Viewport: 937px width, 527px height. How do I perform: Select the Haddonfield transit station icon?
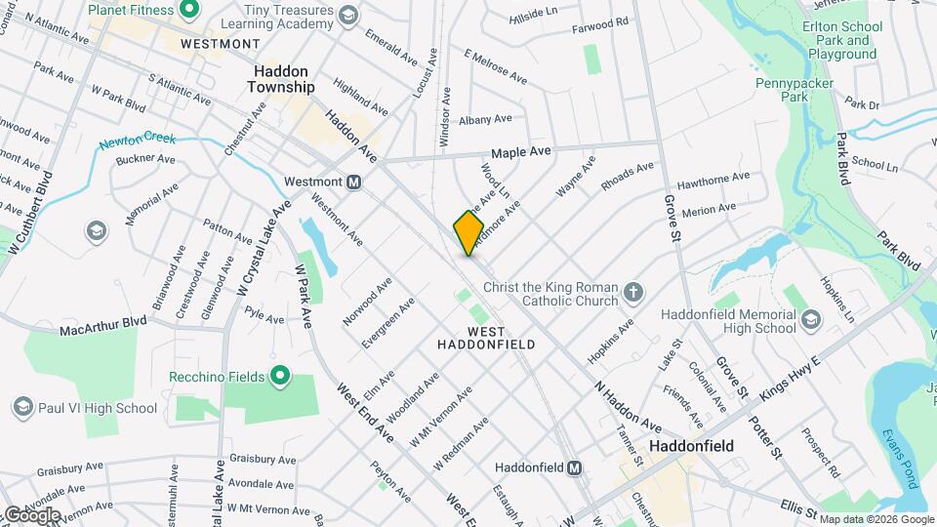pos(576,466)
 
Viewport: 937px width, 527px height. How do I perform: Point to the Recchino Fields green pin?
pos(280,376)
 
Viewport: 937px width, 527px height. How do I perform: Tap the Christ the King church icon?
pos(632,292)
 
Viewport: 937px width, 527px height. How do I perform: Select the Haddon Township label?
pos(284,79)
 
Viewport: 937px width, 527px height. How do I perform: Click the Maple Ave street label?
pos(520,152)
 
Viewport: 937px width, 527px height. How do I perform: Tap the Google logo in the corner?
pos(31,513)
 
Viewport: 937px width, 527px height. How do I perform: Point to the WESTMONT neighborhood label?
pos(220,44)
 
